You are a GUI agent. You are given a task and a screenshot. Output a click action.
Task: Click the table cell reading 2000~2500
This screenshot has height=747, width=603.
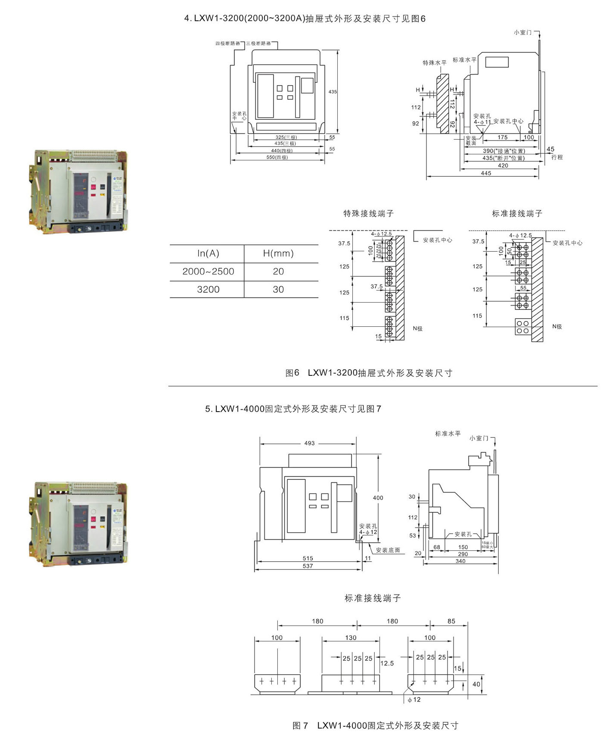(x=208, y=272)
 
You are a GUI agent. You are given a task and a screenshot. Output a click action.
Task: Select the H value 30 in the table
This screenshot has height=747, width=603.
(x=278, y=290)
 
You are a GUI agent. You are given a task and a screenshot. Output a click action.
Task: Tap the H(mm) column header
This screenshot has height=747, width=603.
(x=278, y=253)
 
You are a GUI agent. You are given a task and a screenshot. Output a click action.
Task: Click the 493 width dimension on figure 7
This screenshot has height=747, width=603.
(x=309, y=443)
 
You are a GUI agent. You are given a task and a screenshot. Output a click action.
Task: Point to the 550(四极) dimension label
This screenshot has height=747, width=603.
(x=277, y=157)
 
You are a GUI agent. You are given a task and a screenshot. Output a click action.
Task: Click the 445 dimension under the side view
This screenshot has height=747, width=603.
(x=486, y=173)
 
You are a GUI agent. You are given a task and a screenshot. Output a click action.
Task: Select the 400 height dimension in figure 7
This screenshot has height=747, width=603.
(x=378, y=498)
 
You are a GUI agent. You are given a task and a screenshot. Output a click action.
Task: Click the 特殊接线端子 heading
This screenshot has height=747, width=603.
(x=369, y=213)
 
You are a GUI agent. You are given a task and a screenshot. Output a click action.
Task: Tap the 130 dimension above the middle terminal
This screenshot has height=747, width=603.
(x=351, y=638)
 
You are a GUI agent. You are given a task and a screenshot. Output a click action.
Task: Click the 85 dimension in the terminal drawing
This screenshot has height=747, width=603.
(x=451, y=621)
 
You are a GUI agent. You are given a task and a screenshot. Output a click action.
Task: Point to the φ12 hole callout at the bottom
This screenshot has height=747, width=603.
(x=414, y=700)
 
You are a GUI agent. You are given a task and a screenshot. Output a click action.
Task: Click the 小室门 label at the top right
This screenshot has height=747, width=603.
(x=522, y=32)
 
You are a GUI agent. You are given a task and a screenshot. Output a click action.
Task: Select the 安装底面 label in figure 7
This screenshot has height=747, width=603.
(x=388, y=550)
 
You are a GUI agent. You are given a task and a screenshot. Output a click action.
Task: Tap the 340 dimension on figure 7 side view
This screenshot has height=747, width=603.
(x=460, y=561)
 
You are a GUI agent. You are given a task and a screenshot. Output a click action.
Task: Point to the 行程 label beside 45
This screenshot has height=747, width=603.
(x=557, y=157)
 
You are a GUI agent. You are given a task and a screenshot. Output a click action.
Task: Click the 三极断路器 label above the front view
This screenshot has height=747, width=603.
(x=258, y=44)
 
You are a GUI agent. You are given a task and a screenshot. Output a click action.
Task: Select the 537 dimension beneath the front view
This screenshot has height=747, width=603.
(x=308, y=566)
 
